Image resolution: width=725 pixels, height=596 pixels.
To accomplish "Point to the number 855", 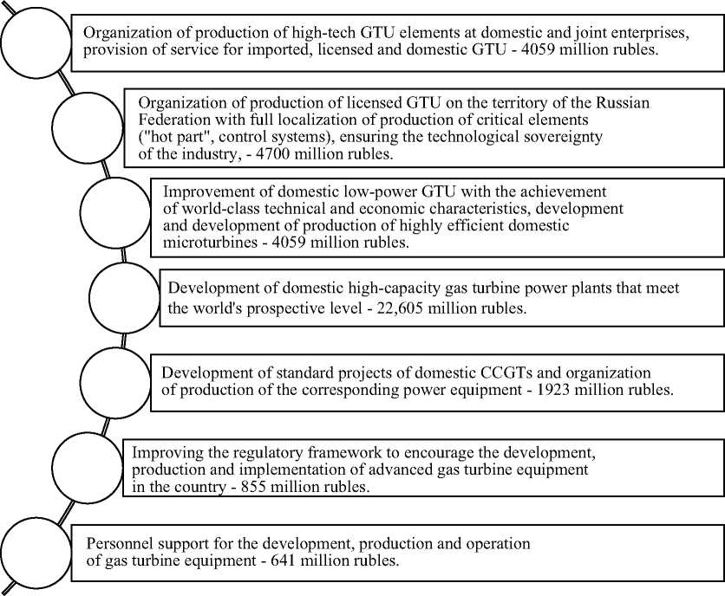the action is [253, 487].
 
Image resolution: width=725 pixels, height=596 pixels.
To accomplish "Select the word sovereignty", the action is [561, 137].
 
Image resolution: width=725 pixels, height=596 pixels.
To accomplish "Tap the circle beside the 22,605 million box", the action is [124, 297].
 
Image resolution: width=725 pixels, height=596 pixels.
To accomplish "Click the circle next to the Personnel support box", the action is [36, 553].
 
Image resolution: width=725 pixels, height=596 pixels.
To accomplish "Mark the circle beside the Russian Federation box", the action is [88, 127].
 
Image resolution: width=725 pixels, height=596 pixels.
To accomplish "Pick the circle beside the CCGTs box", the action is [115, 383].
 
